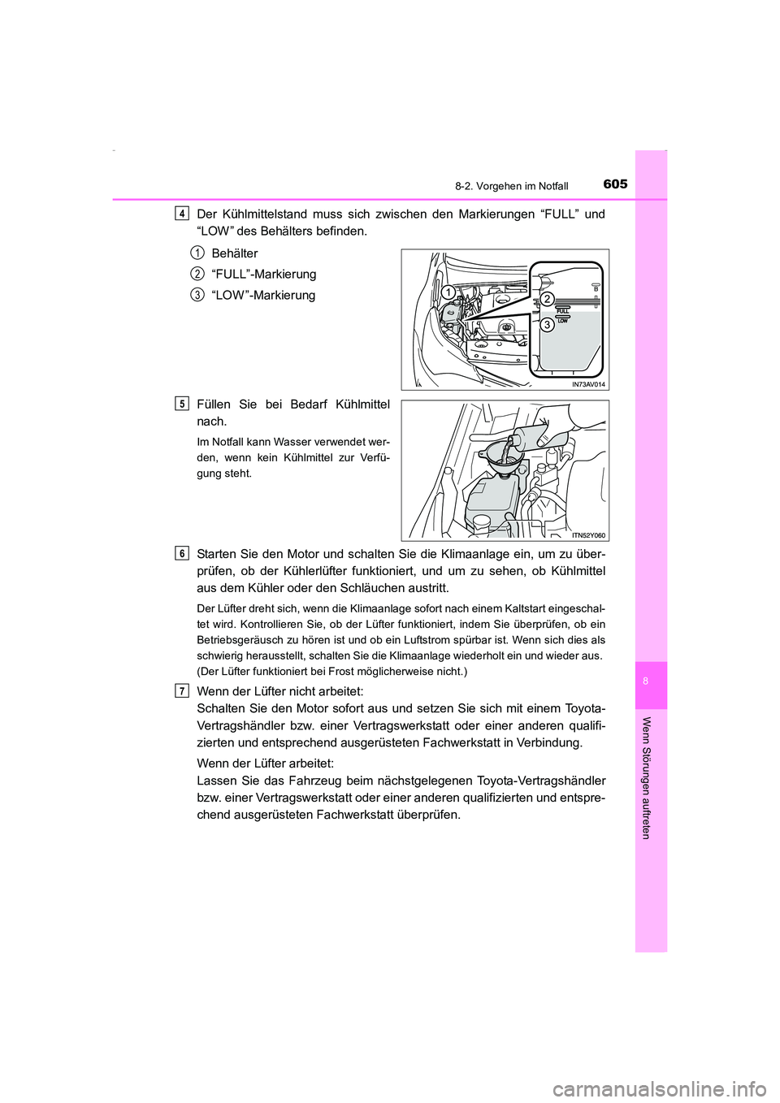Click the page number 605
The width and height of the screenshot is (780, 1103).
[x=615, y=184]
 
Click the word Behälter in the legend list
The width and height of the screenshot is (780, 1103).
[x=234, y=253]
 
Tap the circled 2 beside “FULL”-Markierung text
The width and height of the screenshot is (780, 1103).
[x=197, y=274]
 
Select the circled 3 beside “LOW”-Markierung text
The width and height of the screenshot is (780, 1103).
[x=197, y=295]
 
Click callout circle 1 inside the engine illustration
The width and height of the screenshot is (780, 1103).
[x=446, y=291]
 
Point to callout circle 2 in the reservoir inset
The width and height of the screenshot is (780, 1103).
[x=548, y=299]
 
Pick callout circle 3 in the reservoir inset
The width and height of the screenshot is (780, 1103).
[x=548, y=325]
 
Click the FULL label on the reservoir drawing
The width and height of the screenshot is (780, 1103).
[x=562, y=310]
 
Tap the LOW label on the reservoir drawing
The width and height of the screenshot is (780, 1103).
[x=562, y=321]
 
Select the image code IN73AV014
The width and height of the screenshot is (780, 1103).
[x=588, y=384]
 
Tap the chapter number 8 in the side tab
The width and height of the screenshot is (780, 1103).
[x=651, y=681]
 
